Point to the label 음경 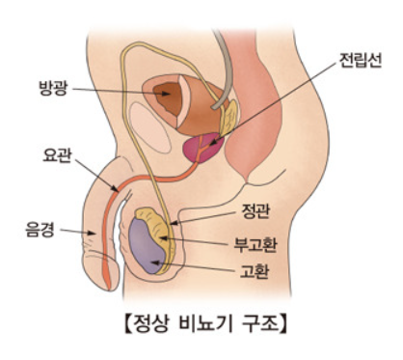(40, 230)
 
